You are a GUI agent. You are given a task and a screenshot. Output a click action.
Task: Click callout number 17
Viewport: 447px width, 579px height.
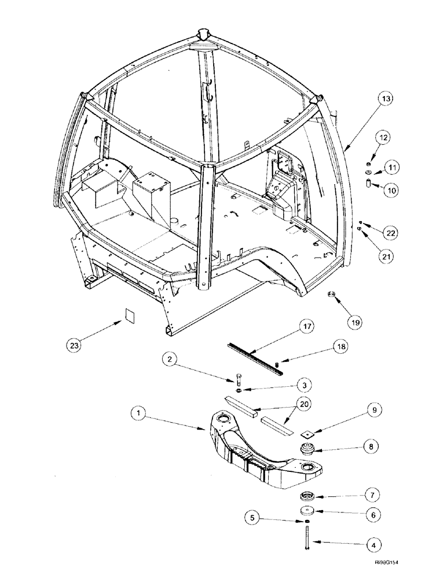click(307, 328)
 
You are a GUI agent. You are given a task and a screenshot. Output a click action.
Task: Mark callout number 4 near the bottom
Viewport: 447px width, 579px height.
click(373, 544)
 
